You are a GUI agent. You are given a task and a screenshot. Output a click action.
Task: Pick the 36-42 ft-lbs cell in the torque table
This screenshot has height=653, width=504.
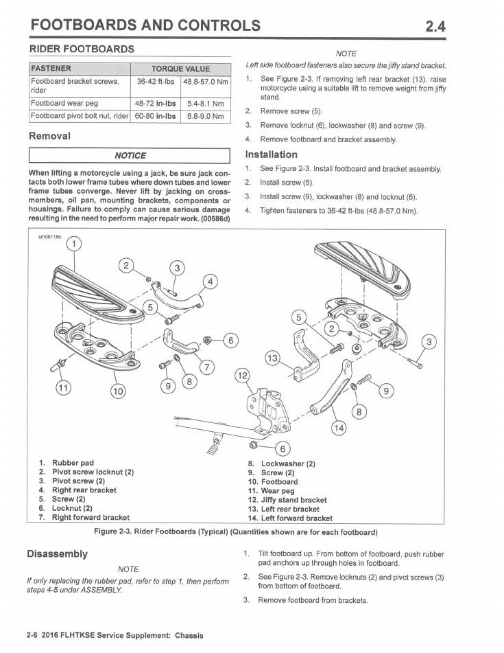pos(155,82)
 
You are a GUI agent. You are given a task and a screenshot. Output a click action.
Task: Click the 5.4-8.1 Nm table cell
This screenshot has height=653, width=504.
pos(205,104)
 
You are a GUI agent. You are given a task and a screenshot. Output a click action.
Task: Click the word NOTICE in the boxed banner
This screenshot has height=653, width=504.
pos(130,155)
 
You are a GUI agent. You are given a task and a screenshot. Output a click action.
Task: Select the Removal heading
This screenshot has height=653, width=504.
pos(49,136)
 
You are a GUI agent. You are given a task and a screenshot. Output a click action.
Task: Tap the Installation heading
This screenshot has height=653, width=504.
pos(271,154)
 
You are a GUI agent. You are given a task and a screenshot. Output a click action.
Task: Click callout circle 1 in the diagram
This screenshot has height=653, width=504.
pos(73,244)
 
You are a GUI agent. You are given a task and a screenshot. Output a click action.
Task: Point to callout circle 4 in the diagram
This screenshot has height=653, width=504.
pos(210,281)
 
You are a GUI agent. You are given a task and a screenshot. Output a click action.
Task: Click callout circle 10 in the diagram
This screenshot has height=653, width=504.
pos(119,391)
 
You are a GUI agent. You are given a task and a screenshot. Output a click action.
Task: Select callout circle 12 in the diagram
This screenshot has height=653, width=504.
pos(243,376)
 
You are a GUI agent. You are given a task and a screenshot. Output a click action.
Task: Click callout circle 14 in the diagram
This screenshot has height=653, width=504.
pos(339,428)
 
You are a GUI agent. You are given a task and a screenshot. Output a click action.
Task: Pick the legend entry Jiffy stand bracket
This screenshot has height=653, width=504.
pos(283,500)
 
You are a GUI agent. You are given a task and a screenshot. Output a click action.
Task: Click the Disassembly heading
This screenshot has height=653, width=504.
pos(57,553)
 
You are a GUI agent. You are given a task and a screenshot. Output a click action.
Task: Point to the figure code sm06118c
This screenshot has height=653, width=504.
pos(49,237)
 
